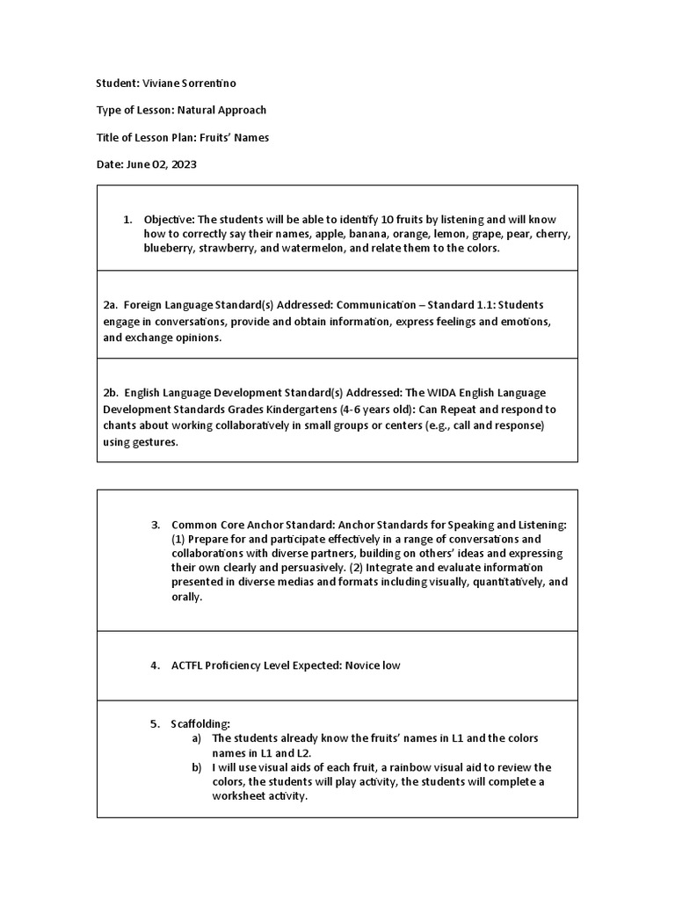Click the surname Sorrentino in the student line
click(x=207, y=83)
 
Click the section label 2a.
click(x=110, y=305)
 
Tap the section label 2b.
click(x=110, y=393)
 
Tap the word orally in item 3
click(x=185, y=598)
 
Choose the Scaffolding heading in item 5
click(x=200, y=724)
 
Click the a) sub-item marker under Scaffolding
click(x=197, y=738)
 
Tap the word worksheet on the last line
click(x=240, y=796)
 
